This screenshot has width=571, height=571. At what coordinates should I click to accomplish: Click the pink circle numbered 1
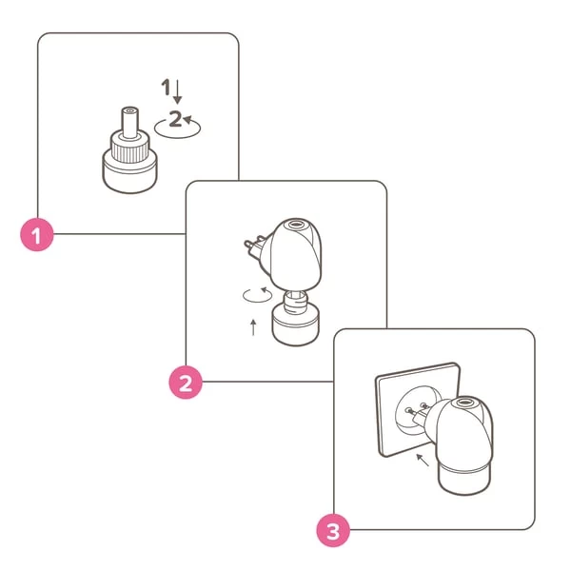(37, 235)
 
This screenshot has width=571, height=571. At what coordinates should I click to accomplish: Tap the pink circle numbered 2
(186, 383)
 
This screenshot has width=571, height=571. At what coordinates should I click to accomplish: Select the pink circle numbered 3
(333, 530)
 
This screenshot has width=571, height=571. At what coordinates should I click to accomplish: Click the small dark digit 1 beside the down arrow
(166, 87)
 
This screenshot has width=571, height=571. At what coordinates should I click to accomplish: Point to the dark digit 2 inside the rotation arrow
(175, 118)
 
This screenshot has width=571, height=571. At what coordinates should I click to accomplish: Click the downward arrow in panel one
(177, 91)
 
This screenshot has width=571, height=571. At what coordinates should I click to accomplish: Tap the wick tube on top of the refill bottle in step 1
(129, 123)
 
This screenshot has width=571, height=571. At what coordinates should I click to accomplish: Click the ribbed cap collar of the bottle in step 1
(130, 150)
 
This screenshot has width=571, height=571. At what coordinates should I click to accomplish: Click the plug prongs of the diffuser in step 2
(255, 245)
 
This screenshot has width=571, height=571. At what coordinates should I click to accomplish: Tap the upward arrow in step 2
(253, 327)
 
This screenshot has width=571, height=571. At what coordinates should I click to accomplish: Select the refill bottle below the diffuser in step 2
(296, 318)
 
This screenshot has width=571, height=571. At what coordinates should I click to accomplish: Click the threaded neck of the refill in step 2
(295, 302)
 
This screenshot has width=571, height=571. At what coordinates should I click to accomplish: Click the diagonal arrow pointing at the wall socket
(423, 460)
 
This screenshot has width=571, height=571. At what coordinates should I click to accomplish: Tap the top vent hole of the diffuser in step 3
(464, 403)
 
